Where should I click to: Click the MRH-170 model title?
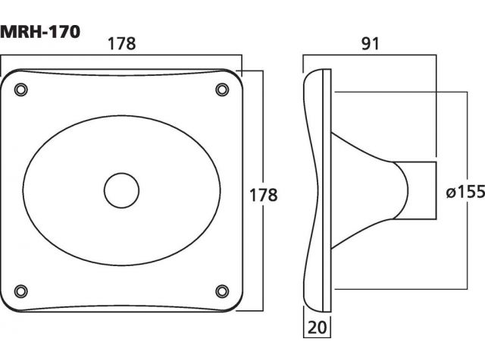40,32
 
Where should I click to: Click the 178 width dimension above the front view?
121,44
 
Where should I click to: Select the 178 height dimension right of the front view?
263,196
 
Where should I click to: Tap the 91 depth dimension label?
370,44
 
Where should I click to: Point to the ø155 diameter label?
465,192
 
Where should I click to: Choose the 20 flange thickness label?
317,328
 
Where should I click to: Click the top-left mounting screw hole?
21,89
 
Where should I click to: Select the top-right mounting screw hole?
222,89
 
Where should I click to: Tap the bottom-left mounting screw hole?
21,291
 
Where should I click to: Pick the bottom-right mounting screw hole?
222,291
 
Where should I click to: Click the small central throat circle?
121,190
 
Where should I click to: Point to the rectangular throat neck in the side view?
415,190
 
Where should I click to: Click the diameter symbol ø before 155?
451,193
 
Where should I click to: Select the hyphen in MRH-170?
45,33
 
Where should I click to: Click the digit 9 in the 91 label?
366,44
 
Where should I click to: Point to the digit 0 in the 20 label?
322,328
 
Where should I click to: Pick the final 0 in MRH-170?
74,32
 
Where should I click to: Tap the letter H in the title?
36,32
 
